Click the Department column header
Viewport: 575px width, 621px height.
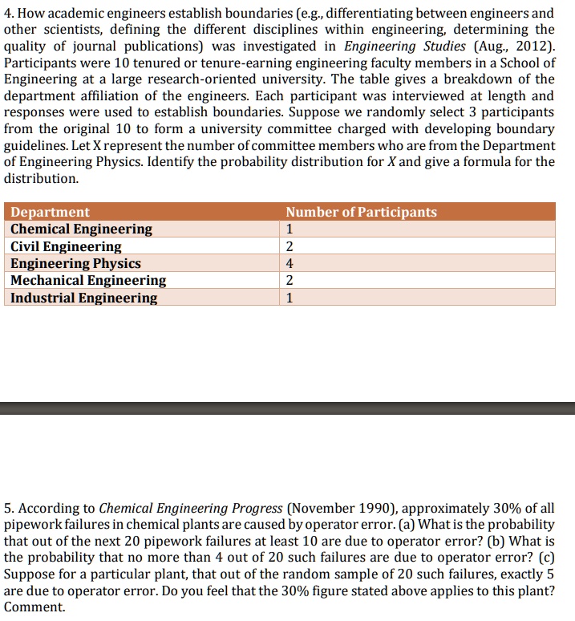[50, 212]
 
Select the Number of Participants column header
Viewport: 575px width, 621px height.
[361, 212]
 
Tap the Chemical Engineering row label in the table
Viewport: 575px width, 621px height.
[81, 229]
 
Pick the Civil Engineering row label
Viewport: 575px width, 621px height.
[66, 246]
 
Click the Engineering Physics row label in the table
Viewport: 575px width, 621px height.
[75, 263]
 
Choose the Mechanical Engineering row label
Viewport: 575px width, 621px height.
[88, 281]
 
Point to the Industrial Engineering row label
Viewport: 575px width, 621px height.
[83, 298]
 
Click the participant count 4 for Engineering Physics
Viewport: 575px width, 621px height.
[290, 263]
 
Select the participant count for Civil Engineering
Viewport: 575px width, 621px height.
[290, 246]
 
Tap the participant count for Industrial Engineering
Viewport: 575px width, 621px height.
[290, 298]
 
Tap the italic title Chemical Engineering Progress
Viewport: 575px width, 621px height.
[190, 508]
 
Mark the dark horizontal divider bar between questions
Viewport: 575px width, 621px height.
[287, 408]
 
